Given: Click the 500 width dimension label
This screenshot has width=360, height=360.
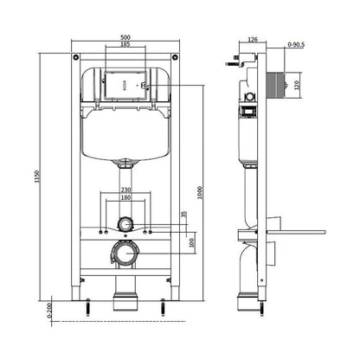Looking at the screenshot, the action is tap(125, 37).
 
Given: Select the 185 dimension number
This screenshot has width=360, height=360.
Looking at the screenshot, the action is tap(125, 44).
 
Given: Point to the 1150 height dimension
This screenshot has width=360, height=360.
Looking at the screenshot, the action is tap(36, 177).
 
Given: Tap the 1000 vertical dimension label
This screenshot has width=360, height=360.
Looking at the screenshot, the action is tap(200, 193).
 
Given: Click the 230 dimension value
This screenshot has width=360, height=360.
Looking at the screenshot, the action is tap(125, 190).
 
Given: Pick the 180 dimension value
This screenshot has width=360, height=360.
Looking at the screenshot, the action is tap(125, 197).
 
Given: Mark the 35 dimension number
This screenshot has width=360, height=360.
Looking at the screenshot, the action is tap(184, 214).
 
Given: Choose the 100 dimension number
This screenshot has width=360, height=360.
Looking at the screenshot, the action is tap(191, 242).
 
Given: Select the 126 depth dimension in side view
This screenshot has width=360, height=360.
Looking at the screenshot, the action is tap(253, 40).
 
